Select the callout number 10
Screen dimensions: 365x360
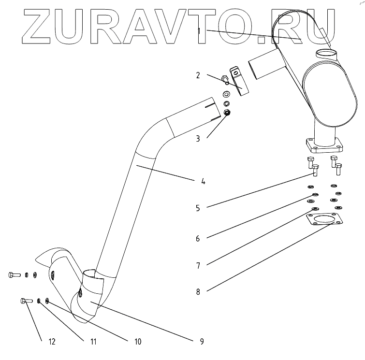[x=138, y=341]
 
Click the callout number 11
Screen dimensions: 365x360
[x=93, y=341]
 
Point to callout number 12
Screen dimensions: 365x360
[x=52, y=341]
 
